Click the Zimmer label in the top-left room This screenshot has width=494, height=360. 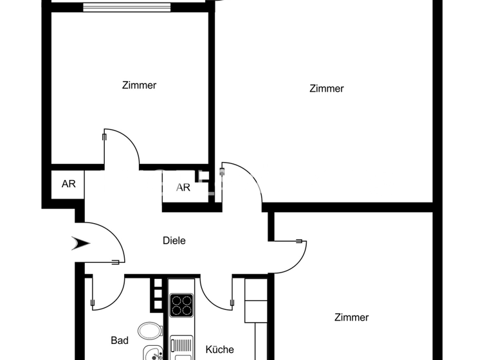click(139, 85)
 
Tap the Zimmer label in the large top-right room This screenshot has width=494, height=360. click(326, 89)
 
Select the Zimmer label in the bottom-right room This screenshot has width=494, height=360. click(351, 318)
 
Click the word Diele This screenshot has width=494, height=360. click(174, 240)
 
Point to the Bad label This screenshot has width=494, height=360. click(120, 341)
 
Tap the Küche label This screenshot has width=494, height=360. click(219, 350)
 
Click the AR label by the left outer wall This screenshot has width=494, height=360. click(68, 184)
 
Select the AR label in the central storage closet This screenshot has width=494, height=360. click(183, 188)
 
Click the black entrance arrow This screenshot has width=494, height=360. click(82, 243)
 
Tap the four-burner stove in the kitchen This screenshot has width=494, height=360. click(181, 305)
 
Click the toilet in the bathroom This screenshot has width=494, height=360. click(150, 331)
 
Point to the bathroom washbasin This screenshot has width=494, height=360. click(153, 352)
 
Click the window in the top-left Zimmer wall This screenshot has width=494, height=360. click(127, 8)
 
